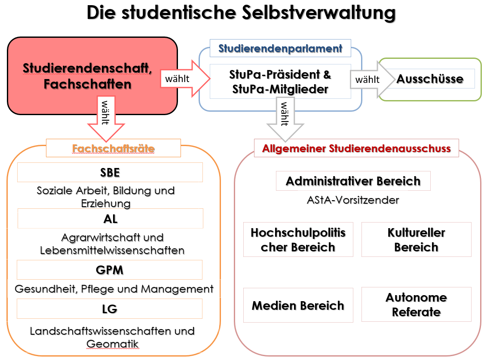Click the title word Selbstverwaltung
(x=319, y=13)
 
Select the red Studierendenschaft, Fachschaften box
(x=92, y=76)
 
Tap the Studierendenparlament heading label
(x=280, y=48)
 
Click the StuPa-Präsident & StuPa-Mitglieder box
(x=280, y=82)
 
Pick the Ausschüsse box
(x=430, y=79)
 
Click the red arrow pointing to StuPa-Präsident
(x=185, y=79)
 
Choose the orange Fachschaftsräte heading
(x=113, y=148)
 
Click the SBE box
(x=110, y=172)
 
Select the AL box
(x=110, y=218)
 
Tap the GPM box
(x=110, y=270)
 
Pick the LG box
(x=110, y=308)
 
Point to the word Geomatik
(x=113, y=344)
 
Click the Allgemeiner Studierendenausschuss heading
(x=356, y=148)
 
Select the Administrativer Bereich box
(x=353, y=181)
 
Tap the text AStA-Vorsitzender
(x=353, y=200)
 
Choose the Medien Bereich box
(x=298, y=305)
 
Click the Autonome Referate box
(x=417, y=305)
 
